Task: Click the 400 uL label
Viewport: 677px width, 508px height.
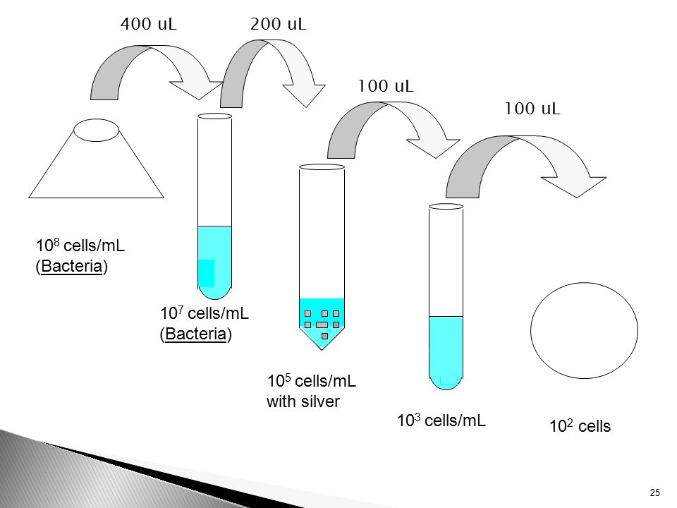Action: [149, 24]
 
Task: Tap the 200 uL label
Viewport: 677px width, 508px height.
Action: [278, 24]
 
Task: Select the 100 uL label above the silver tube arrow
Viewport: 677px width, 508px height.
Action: [386, 86]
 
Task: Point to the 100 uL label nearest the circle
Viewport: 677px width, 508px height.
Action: [532, 109]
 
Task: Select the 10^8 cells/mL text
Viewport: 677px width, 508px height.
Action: [80, 246]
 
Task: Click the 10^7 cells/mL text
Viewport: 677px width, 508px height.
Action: [205, 313]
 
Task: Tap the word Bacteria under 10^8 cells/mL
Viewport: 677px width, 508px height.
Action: [72, 266]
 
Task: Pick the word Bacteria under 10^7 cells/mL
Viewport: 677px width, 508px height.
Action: [195, 334]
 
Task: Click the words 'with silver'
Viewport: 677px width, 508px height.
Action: [303, 401]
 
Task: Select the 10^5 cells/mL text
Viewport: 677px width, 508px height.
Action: [311, 381]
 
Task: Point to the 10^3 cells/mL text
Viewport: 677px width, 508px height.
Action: [441, 421]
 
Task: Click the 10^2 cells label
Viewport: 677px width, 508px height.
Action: [580, 426]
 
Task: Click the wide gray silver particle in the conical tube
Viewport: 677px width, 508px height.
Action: [322, 325]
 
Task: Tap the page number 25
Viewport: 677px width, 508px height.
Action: [654, 492]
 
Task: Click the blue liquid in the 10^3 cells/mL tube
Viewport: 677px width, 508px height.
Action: [446, 352]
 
